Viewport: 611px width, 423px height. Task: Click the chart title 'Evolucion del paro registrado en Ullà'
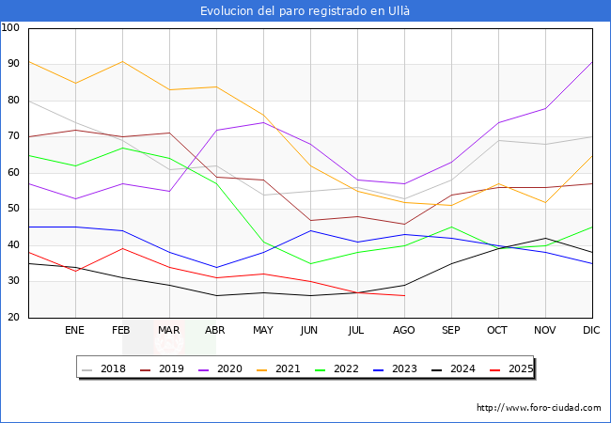point(305,11)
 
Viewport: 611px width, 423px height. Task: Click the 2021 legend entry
point(281,368)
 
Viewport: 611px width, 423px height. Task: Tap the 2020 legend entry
point(224,368)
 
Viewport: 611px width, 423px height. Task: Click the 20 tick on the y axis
point(14,318)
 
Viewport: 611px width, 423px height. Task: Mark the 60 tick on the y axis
point(14,173)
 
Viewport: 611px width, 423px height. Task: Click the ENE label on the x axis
point(75,331)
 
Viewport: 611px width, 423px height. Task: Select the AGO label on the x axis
point(404,331)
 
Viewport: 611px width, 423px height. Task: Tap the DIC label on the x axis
point(592,331)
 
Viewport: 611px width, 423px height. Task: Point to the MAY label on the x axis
point(263,331)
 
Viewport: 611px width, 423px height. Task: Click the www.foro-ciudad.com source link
point(539,408)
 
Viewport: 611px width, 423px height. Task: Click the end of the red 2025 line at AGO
point(404,296)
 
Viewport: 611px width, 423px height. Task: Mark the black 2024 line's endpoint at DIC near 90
point(592,62)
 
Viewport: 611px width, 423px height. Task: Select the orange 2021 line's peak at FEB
point(122,61)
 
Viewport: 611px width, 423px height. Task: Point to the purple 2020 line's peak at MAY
point(263,122)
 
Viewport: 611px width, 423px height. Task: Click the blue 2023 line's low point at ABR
point(216,267)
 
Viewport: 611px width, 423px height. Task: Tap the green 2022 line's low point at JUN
point(310,263)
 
